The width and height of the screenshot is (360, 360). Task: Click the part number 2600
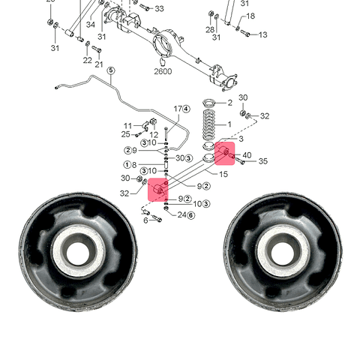coord(163,71)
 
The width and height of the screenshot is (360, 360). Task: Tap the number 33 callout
coord(159,8)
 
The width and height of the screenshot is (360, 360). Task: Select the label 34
coord(91,25)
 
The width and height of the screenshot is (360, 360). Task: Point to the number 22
coord(87,60)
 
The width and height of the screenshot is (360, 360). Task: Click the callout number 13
coord(262,34)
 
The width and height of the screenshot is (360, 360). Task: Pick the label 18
coord(250,16)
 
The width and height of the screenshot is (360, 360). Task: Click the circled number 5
coord(111,70)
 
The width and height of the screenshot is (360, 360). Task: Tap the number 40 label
coord(247,155)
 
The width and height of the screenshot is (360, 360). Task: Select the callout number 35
coord(263,161)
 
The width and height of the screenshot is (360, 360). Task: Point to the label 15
coord(223,174)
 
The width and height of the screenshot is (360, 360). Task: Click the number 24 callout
coord(181,214)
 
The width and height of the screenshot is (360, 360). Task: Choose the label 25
coord(125,134)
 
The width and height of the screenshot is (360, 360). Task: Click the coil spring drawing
coord(208,124)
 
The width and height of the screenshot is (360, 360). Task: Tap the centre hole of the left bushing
coord(78,253)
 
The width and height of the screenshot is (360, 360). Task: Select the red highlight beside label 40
coord(225,154)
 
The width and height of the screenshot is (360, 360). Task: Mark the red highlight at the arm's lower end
coord(158,190)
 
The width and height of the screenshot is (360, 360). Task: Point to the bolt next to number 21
coord(97,49)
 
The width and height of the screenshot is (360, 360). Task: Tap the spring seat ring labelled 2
coord(208,103)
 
